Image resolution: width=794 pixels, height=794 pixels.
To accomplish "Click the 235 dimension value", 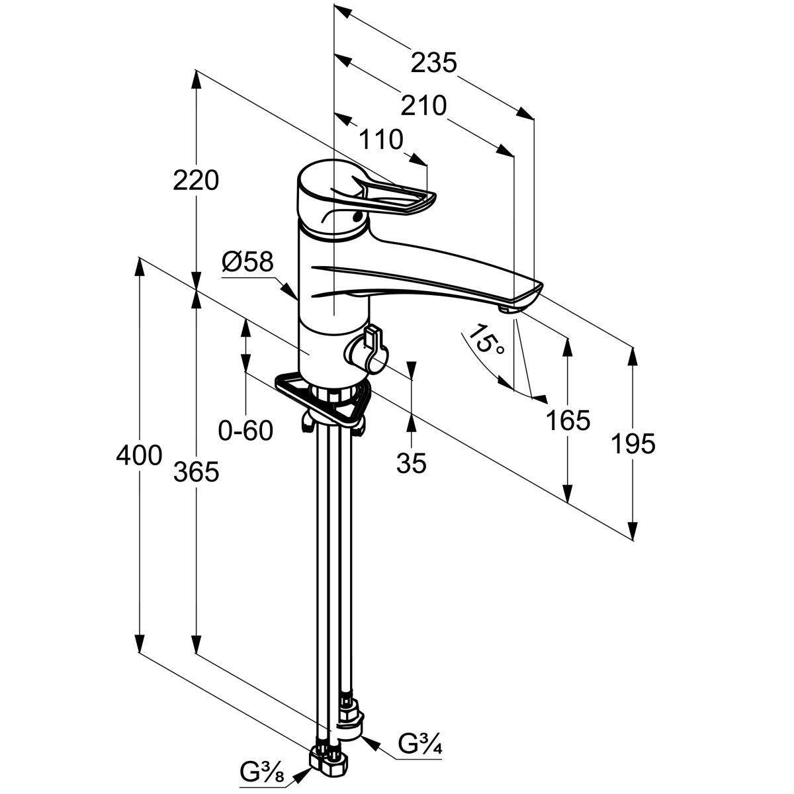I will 433,64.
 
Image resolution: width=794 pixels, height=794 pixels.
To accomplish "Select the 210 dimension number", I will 423,105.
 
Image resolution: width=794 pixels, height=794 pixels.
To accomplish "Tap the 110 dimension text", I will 380,140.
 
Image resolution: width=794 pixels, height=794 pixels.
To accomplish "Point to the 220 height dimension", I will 196,180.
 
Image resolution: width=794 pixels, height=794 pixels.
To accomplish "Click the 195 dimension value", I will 633,444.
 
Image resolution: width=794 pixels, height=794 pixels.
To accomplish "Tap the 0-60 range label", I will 245,431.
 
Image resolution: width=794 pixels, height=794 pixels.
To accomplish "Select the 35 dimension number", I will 412,464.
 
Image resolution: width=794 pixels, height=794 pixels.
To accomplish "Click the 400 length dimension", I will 139,455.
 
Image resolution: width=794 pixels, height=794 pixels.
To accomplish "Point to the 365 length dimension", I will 196,472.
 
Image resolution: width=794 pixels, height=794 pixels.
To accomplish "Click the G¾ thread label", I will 420,745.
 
